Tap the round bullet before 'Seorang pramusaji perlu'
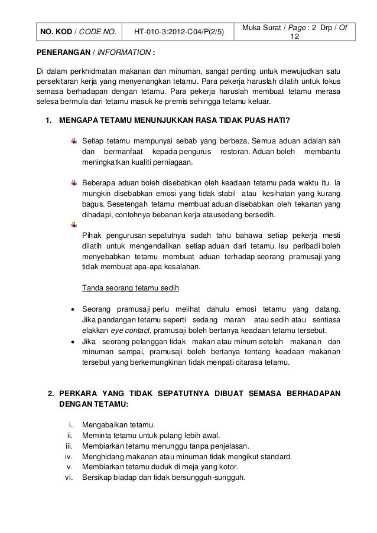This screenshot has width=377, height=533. pyautogui.click(x=72, y=309)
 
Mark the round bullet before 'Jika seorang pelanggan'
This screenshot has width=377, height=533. pyautogui.click(x=72, y=341)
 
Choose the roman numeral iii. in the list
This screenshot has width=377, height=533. pyautogui.click(x=69, y=446)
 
